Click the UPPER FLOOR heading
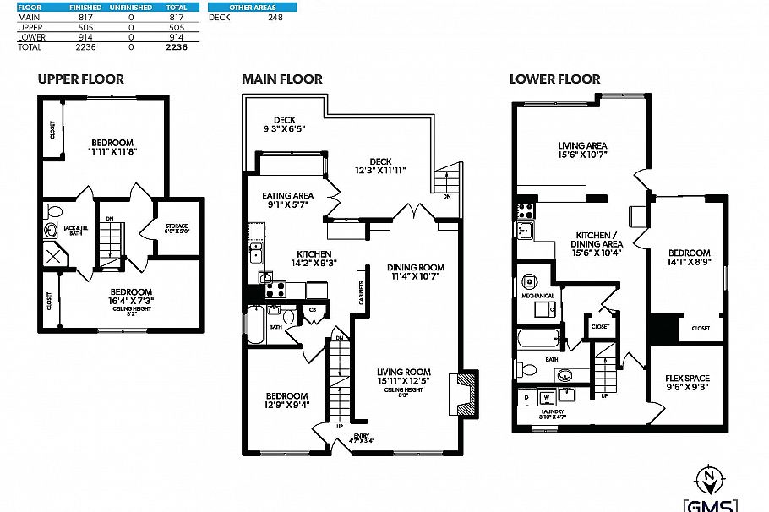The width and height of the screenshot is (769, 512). [80, 79]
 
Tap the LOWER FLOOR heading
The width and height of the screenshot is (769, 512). [554, 79]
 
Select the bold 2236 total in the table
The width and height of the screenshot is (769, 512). [176, 47]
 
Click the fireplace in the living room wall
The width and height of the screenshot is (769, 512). [463, 393]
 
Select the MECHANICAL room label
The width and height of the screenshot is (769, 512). [537, 296]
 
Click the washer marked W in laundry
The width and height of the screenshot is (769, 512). [547, 396]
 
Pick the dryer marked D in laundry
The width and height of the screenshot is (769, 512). [526, 396]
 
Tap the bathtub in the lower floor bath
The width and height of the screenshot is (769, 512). [536, 342]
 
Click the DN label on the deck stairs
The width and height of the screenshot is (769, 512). [446, 196]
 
